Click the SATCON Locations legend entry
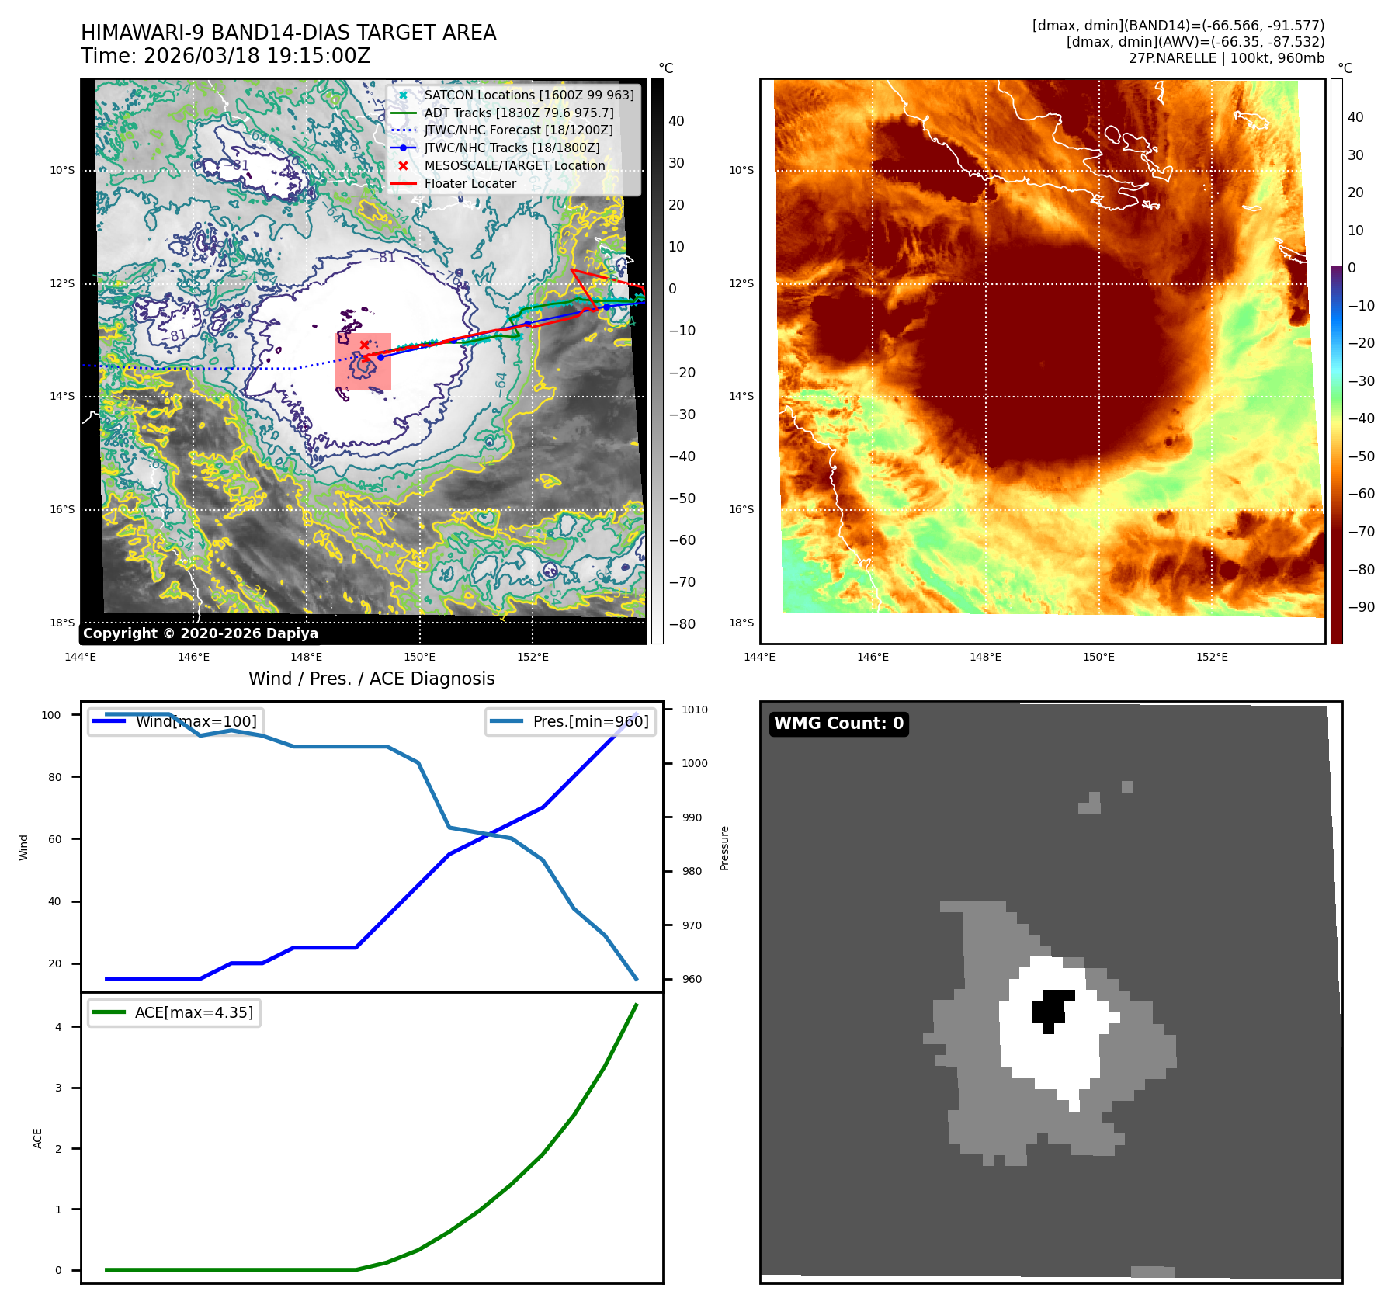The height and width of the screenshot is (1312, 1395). coord(529,95)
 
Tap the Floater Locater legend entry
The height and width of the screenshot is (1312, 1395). coord(470,183)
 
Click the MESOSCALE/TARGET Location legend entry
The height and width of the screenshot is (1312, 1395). coord(514,165)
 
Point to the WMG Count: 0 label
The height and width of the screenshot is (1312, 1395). coord(838,724)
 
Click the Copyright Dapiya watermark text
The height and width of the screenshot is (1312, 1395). coord(200,633)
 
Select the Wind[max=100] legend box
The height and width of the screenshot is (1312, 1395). coord(174,721)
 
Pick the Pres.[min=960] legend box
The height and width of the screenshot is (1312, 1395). coord(570,721)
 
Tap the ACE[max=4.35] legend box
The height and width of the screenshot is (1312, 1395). coord(174,1012)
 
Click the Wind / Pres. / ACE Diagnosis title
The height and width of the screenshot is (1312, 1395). coord(371,679)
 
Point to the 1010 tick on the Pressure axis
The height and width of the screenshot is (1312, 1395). coord(694,710)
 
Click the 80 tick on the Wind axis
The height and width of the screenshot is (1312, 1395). coord(54,777)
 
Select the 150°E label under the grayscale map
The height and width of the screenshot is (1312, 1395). coord(419,657)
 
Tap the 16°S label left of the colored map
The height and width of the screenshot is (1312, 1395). coord(741,509)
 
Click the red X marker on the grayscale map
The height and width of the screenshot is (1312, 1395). coord(364,345)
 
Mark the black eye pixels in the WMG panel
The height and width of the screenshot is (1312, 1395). coord(1051,1008)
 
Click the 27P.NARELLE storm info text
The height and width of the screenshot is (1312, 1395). coord(1226,58)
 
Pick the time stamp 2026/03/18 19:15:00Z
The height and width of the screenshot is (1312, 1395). coord(257,57)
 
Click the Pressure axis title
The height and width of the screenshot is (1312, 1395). coord(724,848)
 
